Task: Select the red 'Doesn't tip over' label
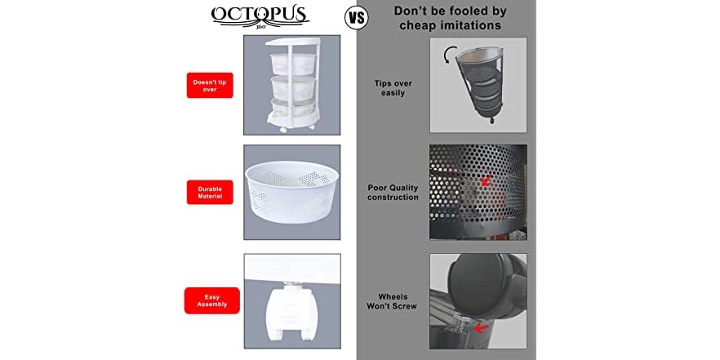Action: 210,85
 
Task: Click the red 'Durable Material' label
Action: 210,193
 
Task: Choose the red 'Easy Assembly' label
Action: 211,300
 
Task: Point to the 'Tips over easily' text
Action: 392,88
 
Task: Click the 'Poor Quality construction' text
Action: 393,193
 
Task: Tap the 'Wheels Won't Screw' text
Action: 393,300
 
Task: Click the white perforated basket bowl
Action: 291,194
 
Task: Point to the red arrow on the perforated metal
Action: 487,179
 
